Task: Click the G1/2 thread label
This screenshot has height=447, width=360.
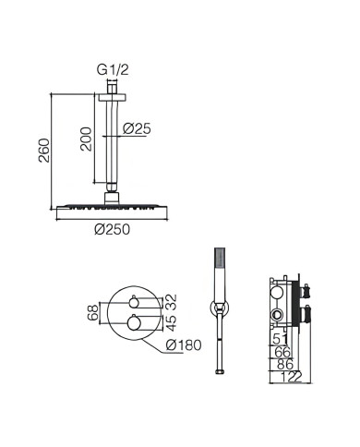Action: pyautogui.click(x=113, y=70)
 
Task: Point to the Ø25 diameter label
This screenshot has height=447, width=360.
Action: pyautogui.click(x=137, y=128)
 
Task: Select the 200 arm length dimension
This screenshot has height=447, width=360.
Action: pyautogui.click(x=86, y=139)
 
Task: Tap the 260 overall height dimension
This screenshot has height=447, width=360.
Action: pyautogui.click(x=44, y=151)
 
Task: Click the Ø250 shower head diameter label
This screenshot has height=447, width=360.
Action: pyautogui.click(x=113, y=229)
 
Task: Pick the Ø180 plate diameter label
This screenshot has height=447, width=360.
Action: pyautogui.click(x=184, y=345)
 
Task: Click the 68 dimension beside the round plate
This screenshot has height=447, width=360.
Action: pyautogui.click(x=92, y=312)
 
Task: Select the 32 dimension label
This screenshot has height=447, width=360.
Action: pyautogui.click(x=172, y=302)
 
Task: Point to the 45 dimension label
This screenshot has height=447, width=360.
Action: pyautogui.click(x=172, y=322)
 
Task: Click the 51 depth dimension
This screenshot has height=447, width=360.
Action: pyautogui.click(x=281, y=339)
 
